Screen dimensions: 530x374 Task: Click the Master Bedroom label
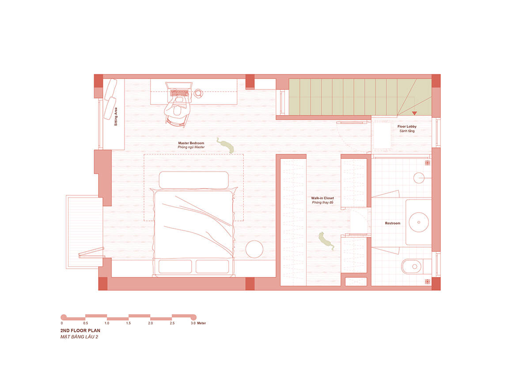coord(191,143)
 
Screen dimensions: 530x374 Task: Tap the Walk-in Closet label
coord(322,198)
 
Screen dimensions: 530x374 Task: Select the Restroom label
coord(393,223)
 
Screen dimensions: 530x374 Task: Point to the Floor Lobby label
coord(407,127)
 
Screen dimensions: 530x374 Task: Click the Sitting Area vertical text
coord(116,116)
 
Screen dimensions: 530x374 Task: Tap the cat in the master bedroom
coord(226,145)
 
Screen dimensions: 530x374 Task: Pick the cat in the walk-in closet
coord(326,241)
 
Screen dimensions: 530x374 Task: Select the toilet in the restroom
coord(416,266)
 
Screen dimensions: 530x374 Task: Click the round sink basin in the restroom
coord(419,222)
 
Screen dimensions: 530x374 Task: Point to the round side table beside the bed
coord(254,249)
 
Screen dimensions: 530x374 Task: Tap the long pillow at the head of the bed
coord(194,180)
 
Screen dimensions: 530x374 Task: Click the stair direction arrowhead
coord(414,113)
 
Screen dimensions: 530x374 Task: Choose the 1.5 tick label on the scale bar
coord(129,323)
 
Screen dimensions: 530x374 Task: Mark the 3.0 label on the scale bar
coord(193,323)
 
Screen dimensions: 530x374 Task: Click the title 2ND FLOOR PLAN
coord(80,330)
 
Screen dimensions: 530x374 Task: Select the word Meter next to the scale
coord(201,323)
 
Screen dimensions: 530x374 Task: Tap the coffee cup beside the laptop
coord(198,93)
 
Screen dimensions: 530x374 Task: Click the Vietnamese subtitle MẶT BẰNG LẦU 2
coord(79,337)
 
